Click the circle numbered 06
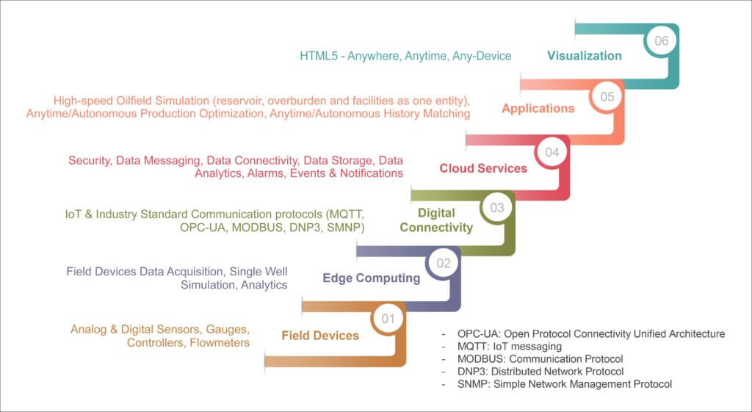662,41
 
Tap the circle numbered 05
607,96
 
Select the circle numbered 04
552,152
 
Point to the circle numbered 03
497,208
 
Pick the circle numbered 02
443,263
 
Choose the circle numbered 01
388,319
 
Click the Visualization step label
585,56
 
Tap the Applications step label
538,109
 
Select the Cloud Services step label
483,168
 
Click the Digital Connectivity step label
436,220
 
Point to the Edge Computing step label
372,278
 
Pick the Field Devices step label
320,336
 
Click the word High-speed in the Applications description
82,101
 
